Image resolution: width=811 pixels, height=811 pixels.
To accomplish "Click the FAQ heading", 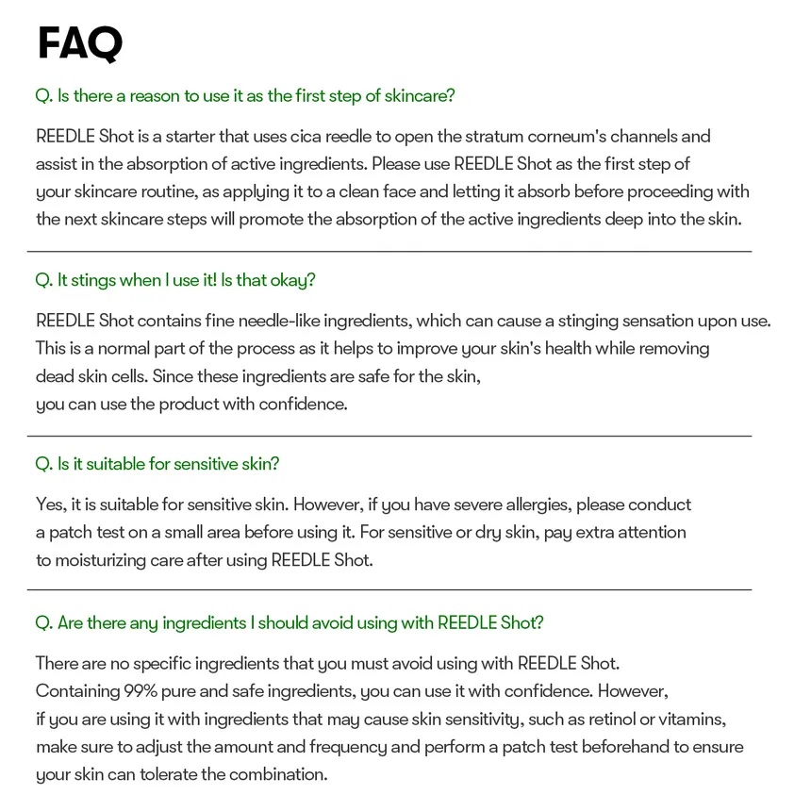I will [80, 43].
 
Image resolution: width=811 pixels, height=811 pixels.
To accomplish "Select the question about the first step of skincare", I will [245, 95].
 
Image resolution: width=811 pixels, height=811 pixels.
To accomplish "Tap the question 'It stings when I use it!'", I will [174, 280].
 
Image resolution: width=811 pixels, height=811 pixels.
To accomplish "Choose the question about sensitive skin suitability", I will [157, 464].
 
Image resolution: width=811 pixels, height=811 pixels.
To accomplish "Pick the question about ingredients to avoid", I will [289, 622].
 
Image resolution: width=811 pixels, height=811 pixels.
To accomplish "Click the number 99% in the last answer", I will [141, 691].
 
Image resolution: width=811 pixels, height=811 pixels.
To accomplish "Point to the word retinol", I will [612, 719].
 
